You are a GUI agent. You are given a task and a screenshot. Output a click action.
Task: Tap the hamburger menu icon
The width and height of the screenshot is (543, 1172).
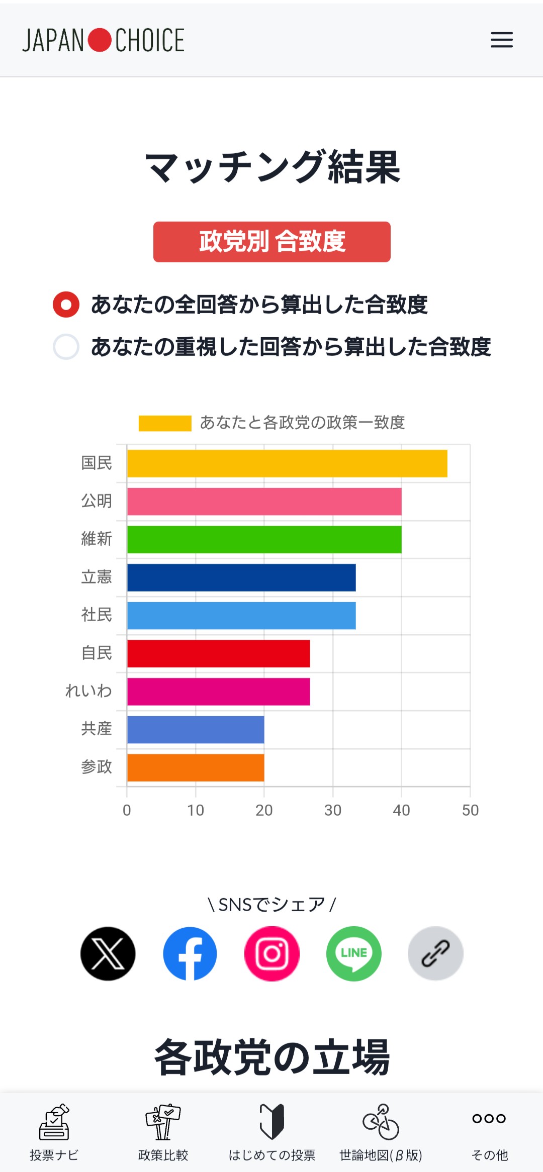[x=502, y=40]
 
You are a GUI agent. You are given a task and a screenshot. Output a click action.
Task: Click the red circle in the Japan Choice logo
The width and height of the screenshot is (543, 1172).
[x=100, y=40]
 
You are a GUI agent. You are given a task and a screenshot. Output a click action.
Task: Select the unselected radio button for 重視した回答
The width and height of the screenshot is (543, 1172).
[x=66, y=347]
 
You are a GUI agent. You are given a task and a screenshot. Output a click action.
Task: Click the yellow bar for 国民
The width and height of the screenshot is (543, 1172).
[x=287, y=463]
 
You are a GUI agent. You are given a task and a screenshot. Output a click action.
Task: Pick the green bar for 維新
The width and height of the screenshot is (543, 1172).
[x=264, y=539]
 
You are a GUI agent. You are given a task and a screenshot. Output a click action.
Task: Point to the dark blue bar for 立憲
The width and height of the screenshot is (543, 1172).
[x=241, y=577]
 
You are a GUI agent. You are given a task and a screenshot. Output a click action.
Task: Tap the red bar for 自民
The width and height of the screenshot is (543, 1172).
[x=218, y=653]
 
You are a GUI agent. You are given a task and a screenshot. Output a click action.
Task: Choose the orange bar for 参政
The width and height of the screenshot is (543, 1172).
[x=196, y=767]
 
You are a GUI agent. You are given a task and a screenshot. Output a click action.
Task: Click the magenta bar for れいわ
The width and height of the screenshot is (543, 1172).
[x=218, y=692]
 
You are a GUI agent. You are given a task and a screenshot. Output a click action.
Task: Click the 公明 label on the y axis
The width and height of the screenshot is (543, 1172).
[x=97, y=501]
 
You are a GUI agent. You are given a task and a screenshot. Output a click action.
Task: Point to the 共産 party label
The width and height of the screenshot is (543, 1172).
[x=97, y=729]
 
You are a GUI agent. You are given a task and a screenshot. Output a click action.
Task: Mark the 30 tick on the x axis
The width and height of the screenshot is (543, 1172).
[x=333, y=810]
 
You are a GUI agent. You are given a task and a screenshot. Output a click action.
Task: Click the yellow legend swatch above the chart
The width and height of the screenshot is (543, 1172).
[x=165, y=423]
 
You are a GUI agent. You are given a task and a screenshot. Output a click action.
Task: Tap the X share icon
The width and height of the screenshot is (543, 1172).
[x=108, y=953]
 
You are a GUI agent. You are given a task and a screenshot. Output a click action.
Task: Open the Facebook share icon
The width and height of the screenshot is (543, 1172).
[x=190, y=953]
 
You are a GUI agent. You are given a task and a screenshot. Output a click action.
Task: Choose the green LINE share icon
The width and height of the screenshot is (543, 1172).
[x=354, y=953]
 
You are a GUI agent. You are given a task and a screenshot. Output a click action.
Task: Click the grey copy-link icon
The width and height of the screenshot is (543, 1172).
[x=435, y=953]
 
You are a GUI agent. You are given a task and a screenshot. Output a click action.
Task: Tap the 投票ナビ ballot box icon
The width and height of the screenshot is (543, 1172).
[x=54, y=1122]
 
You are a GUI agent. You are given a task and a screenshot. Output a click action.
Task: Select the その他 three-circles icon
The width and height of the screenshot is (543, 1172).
[x=489, y=1118]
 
